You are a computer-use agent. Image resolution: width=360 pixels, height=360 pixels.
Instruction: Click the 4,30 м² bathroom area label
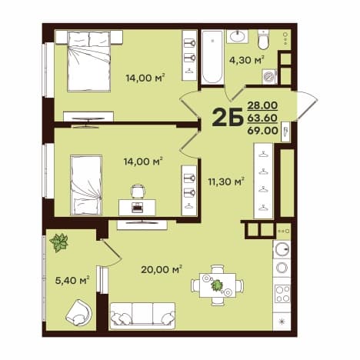point(246,61)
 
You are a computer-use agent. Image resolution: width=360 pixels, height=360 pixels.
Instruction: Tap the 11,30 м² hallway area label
point(225,182)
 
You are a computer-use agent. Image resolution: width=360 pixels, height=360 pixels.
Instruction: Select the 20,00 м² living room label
point(162,269)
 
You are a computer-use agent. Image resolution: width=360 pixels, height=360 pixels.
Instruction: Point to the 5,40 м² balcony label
point(72,281)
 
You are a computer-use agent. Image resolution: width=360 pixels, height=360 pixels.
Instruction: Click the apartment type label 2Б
point(228,117)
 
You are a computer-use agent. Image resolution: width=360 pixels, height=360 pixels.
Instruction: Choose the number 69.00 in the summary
point(262,131)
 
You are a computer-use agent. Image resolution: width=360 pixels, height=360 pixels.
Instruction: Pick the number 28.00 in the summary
point(262,105)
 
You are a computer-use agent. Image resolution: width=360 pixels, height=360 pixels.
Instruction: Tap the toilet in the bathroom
point(263,39)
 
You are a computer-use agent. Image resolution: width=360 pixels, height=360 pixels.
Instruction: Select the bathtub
point(212,57)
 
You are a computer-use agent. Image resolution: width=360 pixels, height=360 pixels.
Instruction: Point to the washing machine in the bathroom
point(269,76)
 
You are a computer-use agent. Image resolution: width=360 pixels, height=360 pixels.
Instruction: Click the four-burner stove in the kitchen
point(282,294)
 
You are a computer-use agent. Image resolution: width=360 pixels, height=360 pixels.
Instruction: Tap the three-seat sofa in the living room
point(142,315)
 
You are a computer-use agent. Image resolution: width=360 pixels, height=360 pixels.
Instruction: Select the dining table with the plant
point(218,285)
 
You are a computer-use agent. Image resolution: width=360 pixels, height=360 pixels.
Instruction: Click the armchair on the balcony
point(78,313)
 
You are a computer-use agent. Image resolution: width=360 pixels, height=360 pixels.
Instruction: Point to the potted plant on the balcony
point(59,242)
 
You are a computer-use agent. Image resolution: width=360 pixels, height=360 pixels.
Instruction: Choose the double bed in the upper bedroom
point(89,62)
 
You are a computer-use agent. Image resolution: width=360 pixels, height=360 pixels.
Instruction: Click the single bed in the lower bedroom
point(86,185)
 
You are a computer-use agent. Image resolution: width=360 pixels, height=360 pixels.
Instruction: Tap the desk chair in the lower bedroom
point(138,192)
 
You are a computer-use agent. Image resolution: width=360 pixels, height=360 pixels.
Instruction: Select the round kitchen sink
point(282,249)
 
